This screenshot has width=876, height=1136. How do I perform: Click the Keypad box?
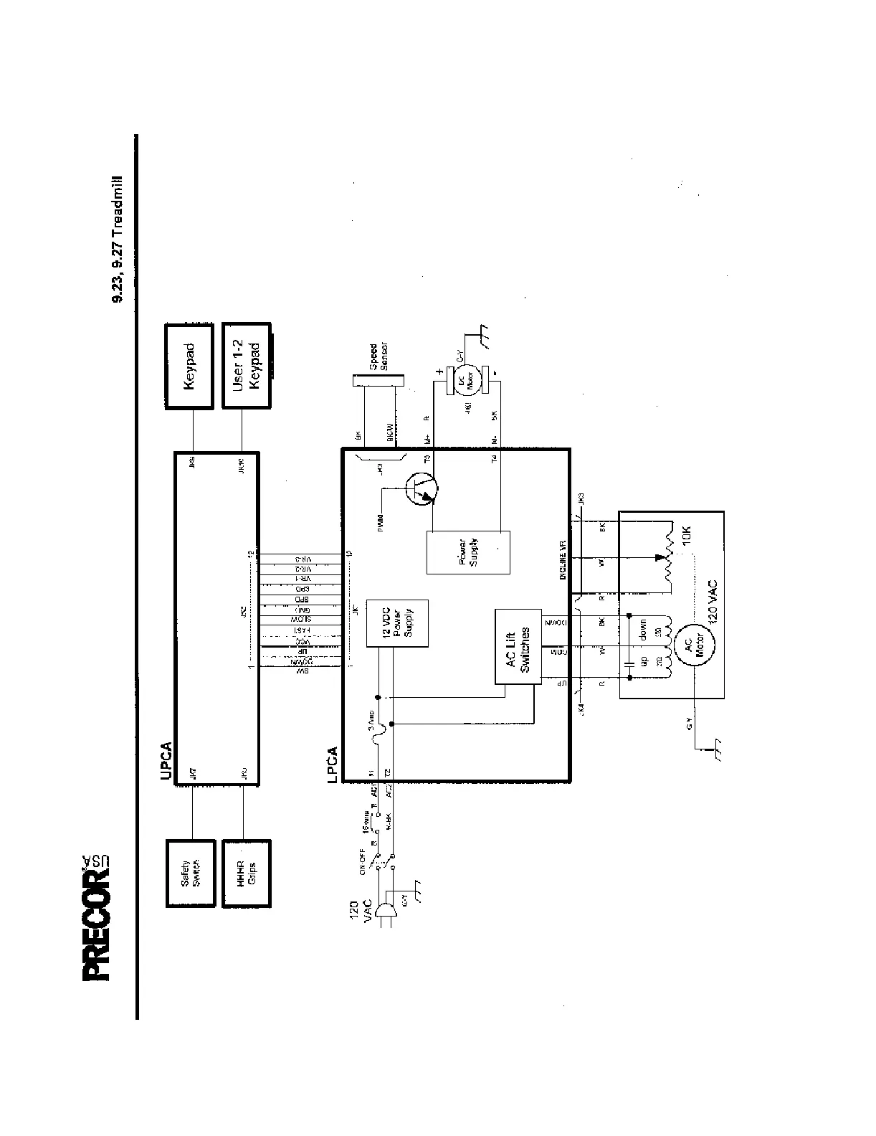point(189,366)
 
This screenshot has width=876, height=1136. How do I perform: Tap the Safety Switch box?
point(189,873)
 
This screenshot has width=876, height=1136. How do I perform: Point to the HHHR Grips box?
point(247,873)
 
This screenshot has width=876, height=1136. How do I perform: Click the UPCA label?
point(166,761)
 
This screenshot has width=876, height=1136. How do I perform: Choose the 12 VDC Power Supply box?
point(396,623)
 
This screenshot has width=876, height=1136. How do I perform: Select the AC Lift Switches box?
point(518,647)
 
